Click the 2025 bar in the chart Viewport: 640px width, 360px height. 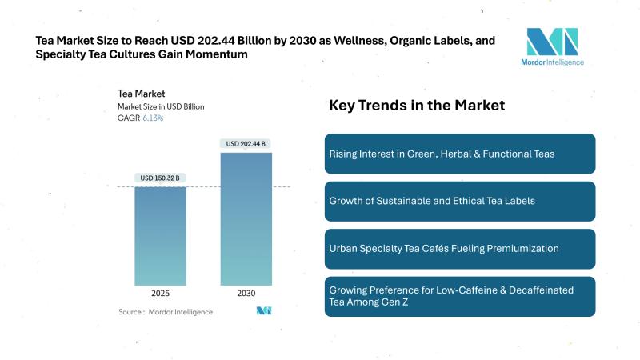160,236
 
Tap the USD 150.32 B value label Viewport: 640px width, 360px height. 160,178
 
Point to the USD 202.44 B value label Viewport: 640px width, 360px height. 246,144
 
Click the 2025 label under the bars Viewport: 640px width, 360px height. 160,293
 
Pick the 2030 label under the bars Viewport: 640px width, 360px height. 246,293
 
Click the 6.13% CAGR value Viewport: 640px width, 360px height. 153,118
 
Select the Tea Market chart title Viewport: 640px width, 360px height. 141,94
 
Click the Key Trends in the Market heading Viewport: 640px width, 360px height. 417,106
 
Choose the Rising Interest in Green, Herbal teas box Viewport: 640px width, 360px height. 459,154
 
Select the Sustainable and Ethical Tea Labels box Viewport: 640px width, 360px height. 459,201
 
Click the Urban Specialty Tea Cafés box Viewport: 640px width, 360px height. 459,249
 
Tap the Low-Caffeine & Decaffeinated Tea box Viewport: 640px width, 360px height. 459,296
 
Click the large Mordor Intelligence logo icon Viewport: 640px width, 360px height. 552,41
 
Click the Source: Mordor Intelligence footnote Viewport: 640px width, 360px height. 166,311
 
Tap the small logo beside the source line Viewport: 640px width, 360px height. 264,310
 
